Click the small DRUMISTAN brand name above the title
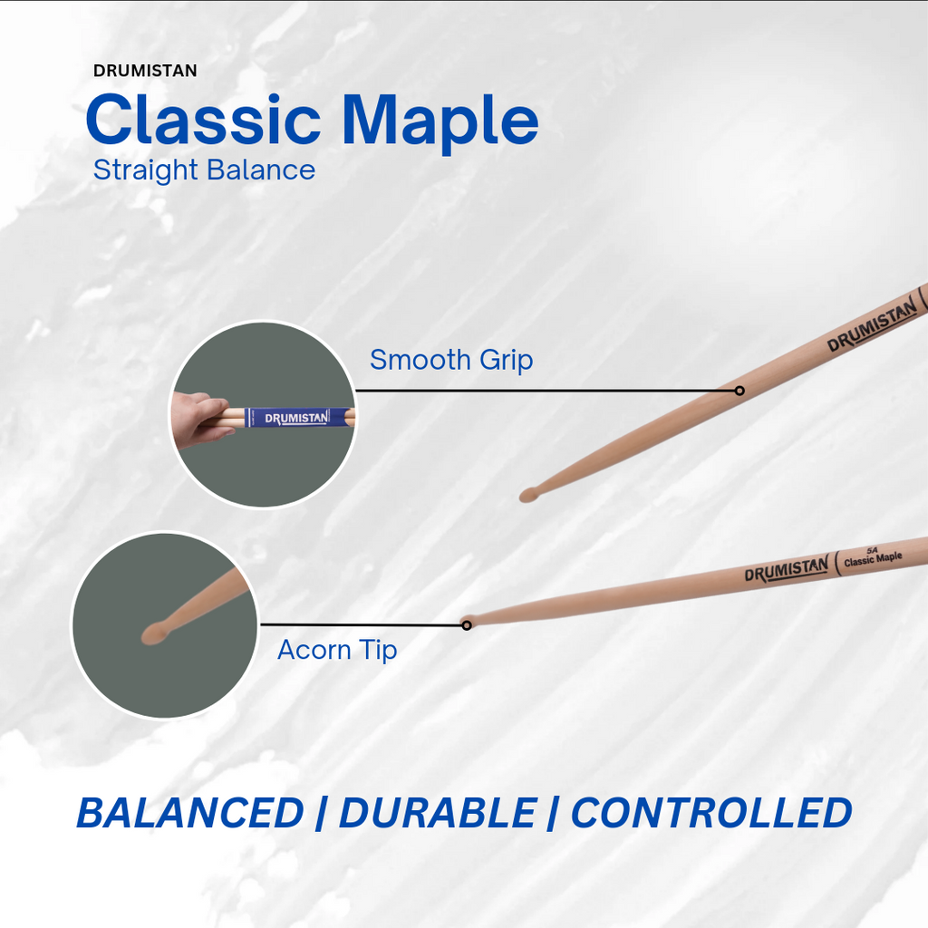pyautogui.click(x=145, y=71)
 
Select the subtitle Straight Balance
pyautogui.click(x=204, y=170)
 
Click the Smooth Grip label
pyautogui.click(x=451, y=360)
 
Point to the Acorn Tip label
pyautogui.click(x=337, y=650)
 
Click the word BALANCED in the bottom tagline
pyautogui.click(x=190, y=813)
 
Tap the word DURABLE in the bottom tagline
pyautogui.click(x=437, y=813)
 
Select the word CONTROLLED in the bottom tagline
pyautogui.click(x=711, y=813)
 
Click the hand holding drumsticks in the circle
pyautogui.click(x=198, y=420)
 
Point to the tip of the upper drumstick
pyautogui.click(x=527, y=495)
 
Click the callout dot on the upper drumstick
pyautogui.click(x=739, y=391)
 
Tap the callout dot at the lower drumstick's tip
pyautogui.click(x=467, y=624)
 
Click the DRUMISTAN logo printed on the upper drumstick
pyautogui.click(x=872, y=328)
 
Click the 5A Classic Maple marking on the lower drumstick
pyautogui.click(x=872, y=556)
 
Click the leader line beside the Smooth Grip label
pyautogui.click(x=544, y=391)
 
